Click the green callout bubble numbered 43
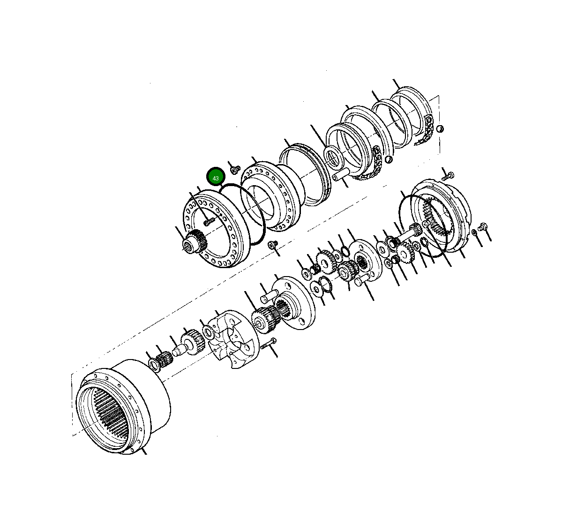(216, 178)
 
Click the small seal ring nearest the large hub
(153, 364)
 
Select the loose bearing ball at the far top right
(440, 129)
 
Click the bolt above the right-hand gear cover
(447, 177)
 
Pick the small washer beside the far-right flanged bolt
(474, 232)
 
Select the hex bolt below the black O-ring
(272, 245)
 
